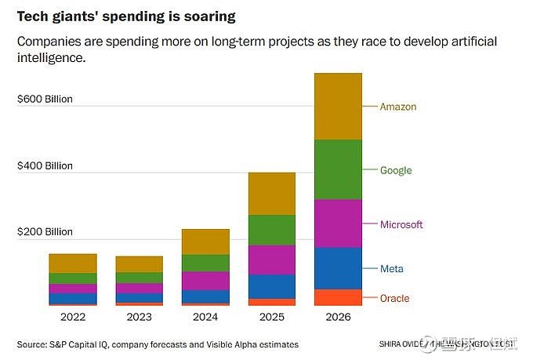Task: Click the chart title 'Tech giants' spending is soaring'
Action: [x=125, y=16]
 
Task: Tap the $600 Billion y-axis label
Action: [x=45, y=99]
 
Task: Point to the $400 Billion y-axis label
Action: [x=45, y=165]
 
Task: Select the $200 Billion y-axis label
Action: [x=45, y=232]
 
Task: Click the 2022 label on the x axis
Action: [x=73, y=318]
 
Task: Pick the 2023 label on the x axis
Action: [x=139, y=318]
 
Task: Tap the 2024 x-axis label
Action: [x=205, y=318]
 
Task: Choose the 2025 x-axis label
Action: [x=271, y=318]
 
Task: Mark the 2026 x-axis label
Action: [x=338, y=318]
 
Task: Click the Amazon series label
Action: [x=398, y=107]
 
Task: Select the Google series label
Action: [x=396, y=170]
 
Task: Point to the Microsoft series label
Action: [x=401, y=225]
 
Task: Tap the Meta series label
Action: [x=392, y=269]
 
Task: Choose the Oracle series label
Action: [x=394, y=298]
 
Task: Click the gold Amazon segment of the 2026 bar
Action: [x=338, y=107]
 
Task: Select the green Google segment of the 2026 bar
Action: [x=338, y=169]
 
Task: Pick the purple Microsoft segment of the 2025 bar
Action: [x=271, y=260]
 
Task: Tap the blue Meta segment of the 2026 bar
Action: [x=338, y=268]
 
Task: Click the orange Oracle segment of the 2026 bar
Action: [x=338, y=297]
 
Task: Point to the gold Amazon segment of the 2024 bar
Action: [x=205, y=242]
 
